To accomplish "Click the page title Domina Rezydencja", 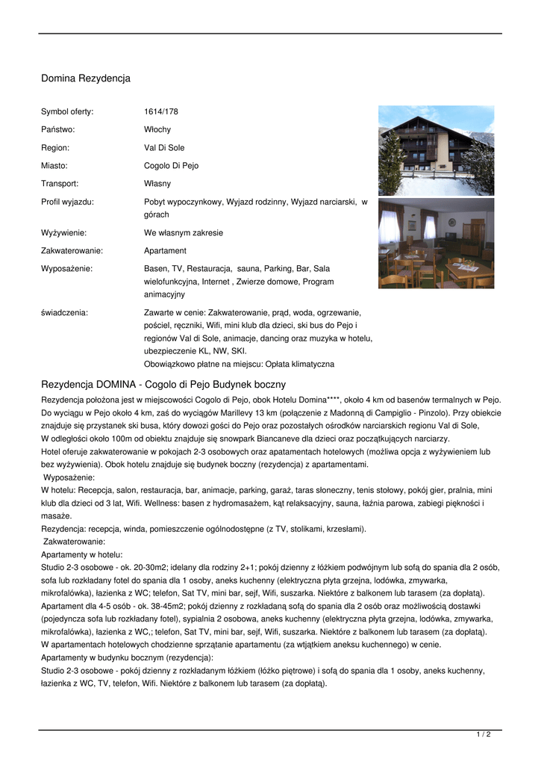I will point(86,78).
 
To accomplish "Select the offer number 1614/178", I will point(161,112).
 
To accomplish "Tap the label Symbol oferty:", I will point(67,112).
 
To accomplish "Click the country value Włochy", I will point(157,130).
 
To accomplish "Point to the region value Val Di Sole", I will point(164,148).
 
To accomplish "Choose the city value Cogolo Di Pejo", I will point(171,166).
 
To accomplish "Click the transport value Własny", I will point(157,184).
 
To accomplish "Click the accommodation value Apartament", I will point(165,251).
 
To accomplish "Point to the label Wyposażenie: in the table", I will point(67,268).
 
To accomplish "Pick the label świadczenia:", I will point(64,313).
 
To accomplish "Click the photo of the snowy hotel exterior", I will point(436,150).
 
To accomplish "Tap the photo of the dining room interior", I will point(436,243).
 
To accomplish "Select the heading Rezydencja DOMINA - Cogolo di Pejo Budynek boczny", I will point(163,384).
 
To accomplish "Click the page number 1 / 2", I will point(484,735).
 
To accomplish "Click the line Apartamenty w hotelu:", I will point(82,556).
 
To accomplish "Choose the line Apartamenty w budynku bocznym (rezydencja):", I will point(127,657).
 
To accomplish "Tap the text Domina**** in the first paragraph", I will point(319,400).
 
